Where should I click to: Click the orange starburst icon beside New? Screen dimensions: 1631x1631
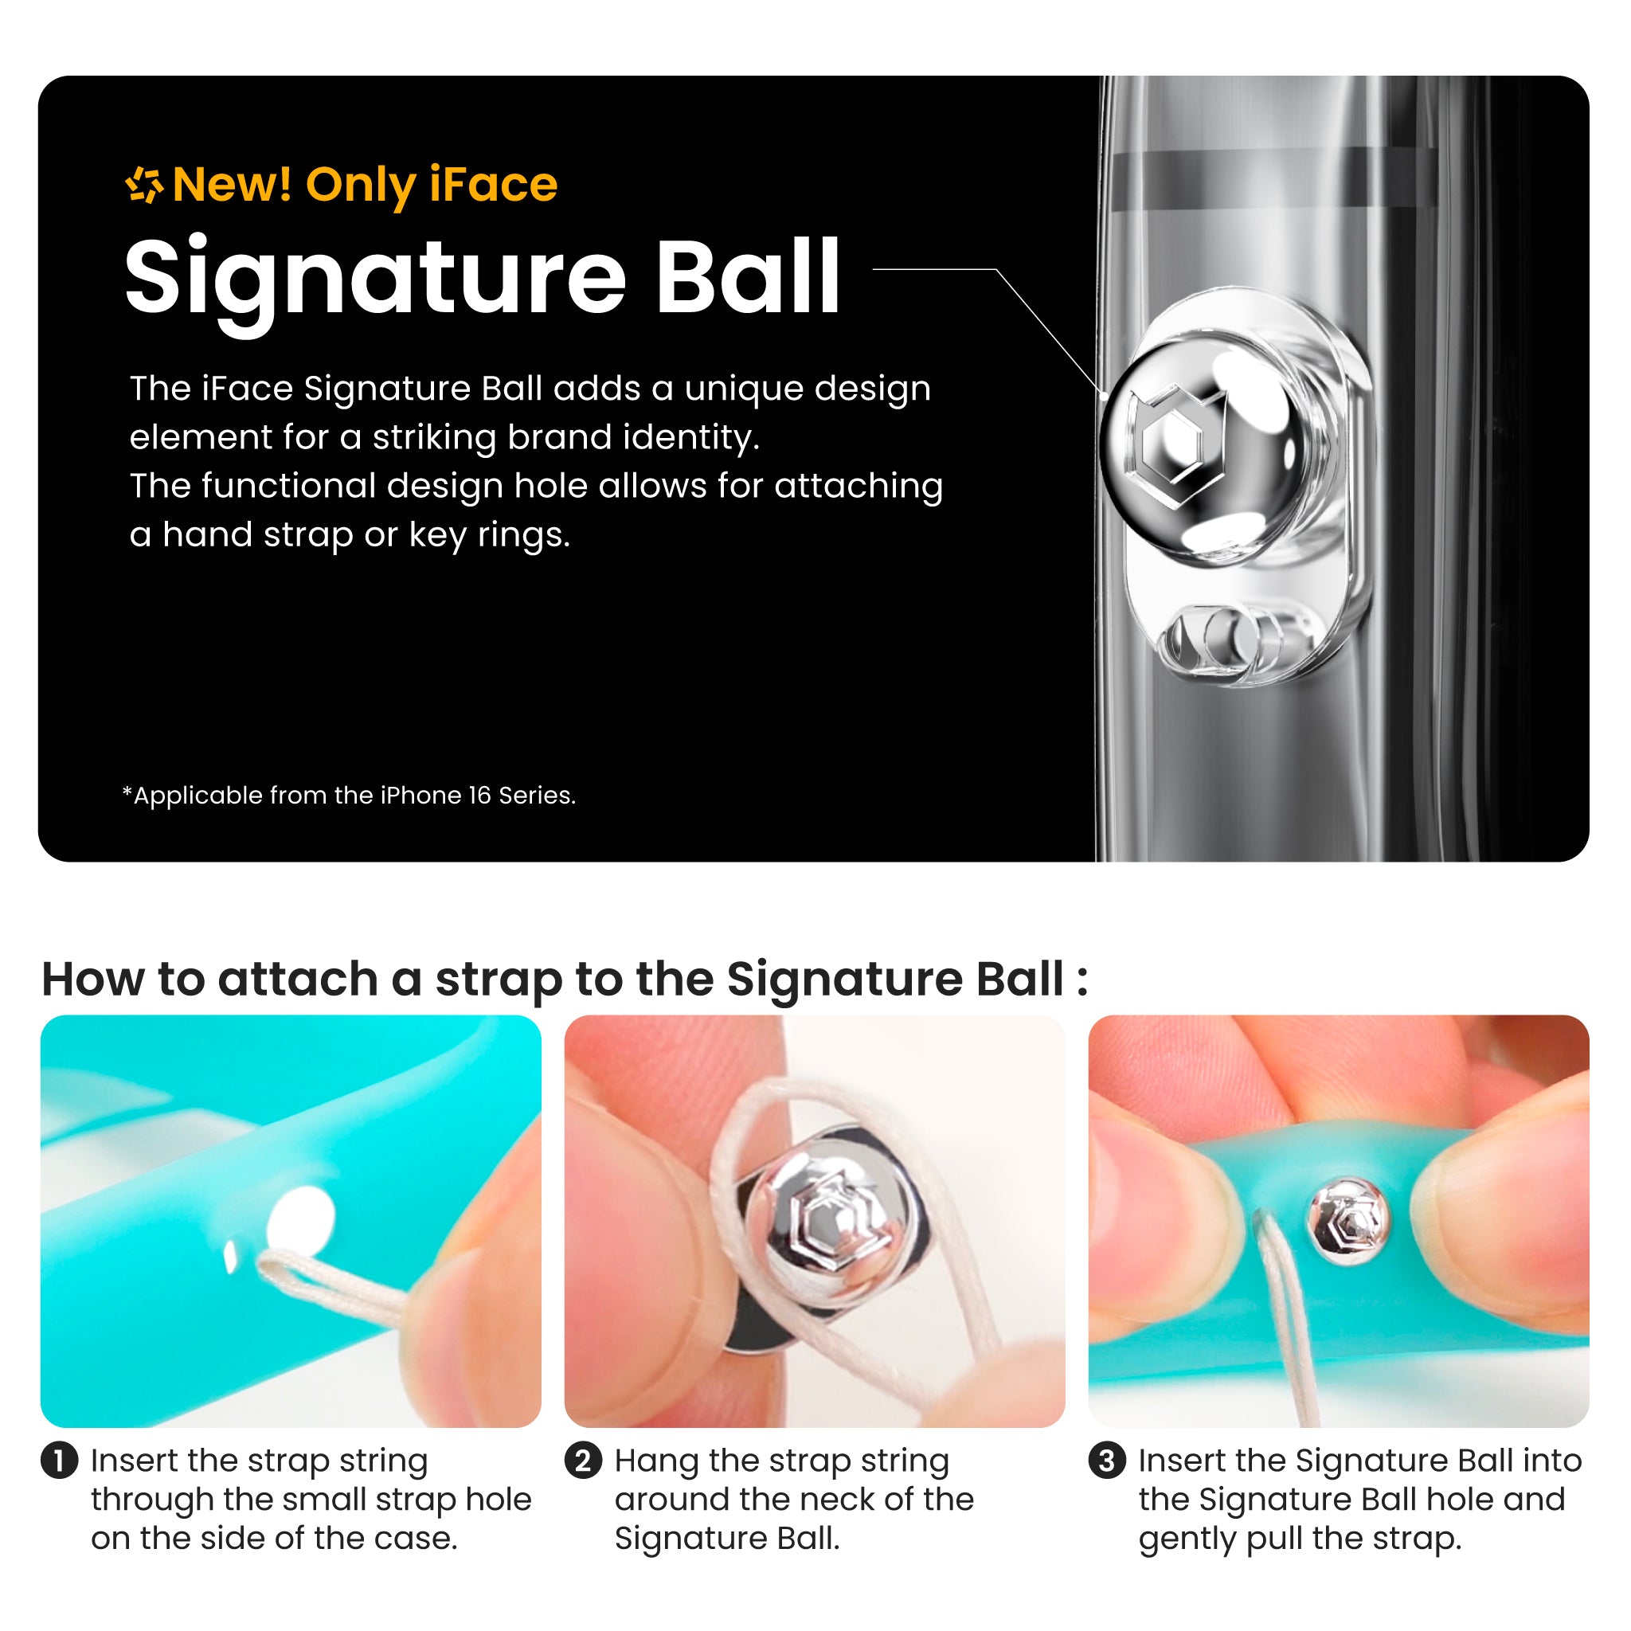click(x=144, y=185)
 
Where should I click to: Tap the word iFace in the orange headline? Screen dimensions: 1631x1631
click(x=493, y=184)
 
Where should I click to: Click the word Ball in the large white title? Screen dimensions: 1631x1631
click(x=747, y=276)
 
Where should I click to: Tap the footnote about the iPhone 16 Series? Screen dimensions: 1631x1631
click(x=350, y=796)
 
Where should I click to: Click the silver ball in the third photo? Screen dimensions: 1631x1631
click(x=1347, y=1221)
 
